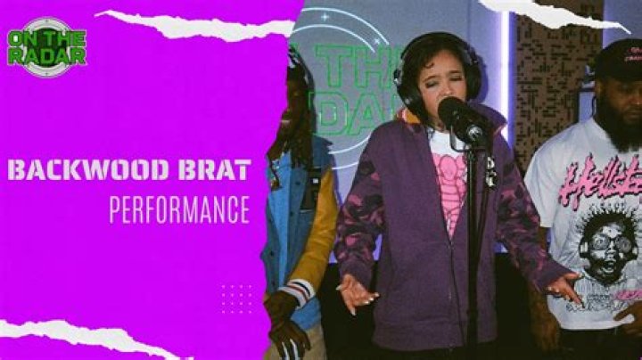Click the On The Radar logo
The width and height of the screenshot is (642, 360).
pyautogui.click(x=46, y=45)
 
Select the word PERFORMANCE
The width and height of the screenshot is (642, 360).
pyautogui.click(x=179, y=209)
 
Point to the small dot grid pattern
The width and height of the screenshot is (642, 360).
pyautogui.click(x=236, y=299)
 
